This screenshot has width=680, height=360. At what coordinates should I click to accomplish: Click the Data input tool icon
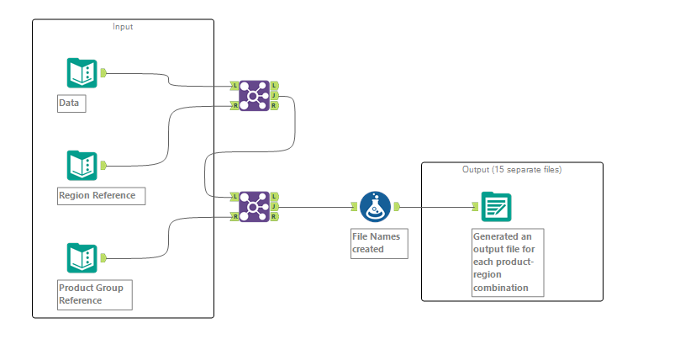[82, 73]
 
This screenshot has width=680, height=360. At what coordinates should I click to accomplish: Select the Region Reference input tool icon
[82, 166]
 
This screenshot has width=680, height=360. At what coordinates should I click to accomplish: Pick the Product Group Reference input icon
[82, 258]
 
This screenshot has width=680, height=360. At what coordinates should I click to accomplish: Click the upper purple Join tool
[254, 96]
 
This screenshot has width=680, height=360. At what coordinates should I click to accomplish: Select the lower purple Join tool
[254, 206]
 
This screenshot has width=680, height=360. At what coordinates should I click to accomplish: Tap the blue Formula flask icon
[375, 206]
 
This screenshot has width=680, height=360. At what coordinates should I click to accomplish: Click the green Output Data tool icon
[496, 206]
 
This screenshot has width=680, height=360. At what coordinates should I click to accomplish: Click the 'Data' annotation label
[71, 104]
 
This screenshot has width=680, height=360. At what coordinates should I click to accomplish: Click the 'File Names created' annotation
[378, 243]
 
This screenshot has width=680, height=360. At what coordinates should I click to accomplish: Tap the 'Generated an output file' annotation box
[508, 262]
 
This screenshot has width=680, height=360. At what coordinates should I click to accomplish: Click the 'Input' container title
[123, 27]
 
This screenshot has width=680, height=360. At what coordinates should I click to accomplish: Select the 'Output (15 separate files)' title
[512, 169]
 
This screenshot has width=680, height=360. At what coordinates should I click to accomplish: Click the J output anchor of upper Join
[275, 96]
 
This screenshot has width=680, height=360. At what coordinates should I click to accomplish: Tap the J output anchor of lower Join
[275, 206]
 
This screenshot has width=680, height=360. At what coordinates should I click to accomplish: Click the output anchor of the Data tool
[103, 73]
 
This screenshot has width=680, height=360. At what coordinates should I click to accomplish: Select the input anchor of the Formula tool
[355, 206]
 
